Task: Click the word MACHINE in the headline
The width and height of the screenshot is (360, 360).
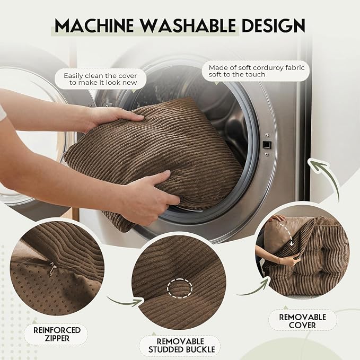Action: pos(94,25)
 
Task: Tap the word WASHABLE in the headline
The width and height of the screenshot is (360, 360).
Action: pos(188,25)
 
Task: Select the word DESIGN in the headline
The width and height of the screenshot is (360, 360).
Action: pos(274,25)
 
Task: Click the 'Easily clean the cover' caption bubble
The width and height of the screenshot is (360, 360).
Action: pos(101,79)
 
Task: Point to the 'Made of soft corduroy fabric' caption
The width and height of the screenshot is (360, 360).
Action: pos(256,71)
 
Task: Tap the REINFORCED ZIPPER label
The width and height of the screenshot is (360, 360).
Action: pos(57,334)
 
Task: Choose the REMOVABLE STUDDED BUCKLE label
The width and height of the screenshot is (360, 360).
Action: pos(181,345)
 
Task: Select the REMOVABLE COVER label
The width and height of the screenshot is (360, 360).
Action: pos(302,321)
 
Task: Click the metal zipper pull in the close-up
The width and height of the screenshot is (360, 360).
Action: pos(52,269)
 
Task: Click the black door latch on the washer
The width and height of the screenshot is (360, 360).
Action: pos(267,145)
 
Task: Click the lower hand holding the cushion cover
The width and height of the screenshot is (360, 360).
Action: pos(149,197)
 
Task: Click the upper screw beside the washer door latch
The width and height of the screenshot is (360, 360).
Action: pos(267,135)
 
